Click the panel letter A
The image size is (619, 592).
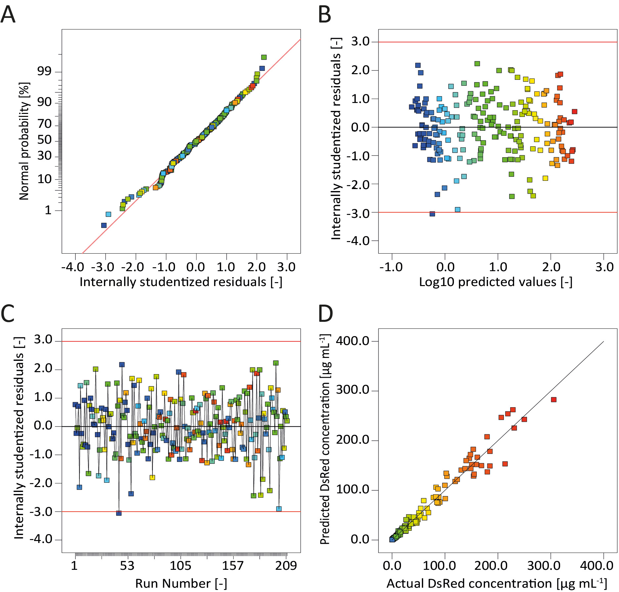click(x=8, y=15)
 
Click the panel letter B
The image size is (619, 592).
click(x=325, y=15)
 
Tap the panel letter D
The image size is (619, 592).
click(x=325, y=314)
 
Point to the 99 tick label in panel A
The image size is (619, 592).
click(x=44, y=71)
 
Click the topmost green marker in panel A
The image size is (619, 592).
click(x=264, y=57)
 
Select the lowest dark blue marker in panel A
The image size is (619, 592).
click(x=104, y=225)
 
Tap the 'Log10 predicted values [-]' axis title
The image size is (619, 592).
click(x=496, y=282)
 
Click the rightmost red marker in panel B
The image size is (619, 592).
click(x=575, y=112)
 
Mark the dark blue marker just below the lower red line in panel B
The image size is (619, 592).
click(x=432, y=214)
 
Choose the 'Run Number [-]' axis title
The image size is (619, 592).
click(x=181, y=583)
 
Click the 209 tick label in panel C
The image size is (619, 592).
click(x=286, y=566)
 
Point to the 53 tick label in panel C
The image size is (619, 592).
click(x=127, y=566)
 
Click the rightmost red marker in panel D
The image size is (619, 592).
click(x=554, y=400)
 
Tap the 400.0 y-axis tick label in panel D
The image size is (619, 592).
click(x=353, y=341)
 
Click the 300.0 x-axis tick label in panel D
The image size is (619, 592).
click(x=544, y=566)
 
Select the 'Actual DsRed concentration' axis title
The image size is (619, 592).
click(x=496, y=583)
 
